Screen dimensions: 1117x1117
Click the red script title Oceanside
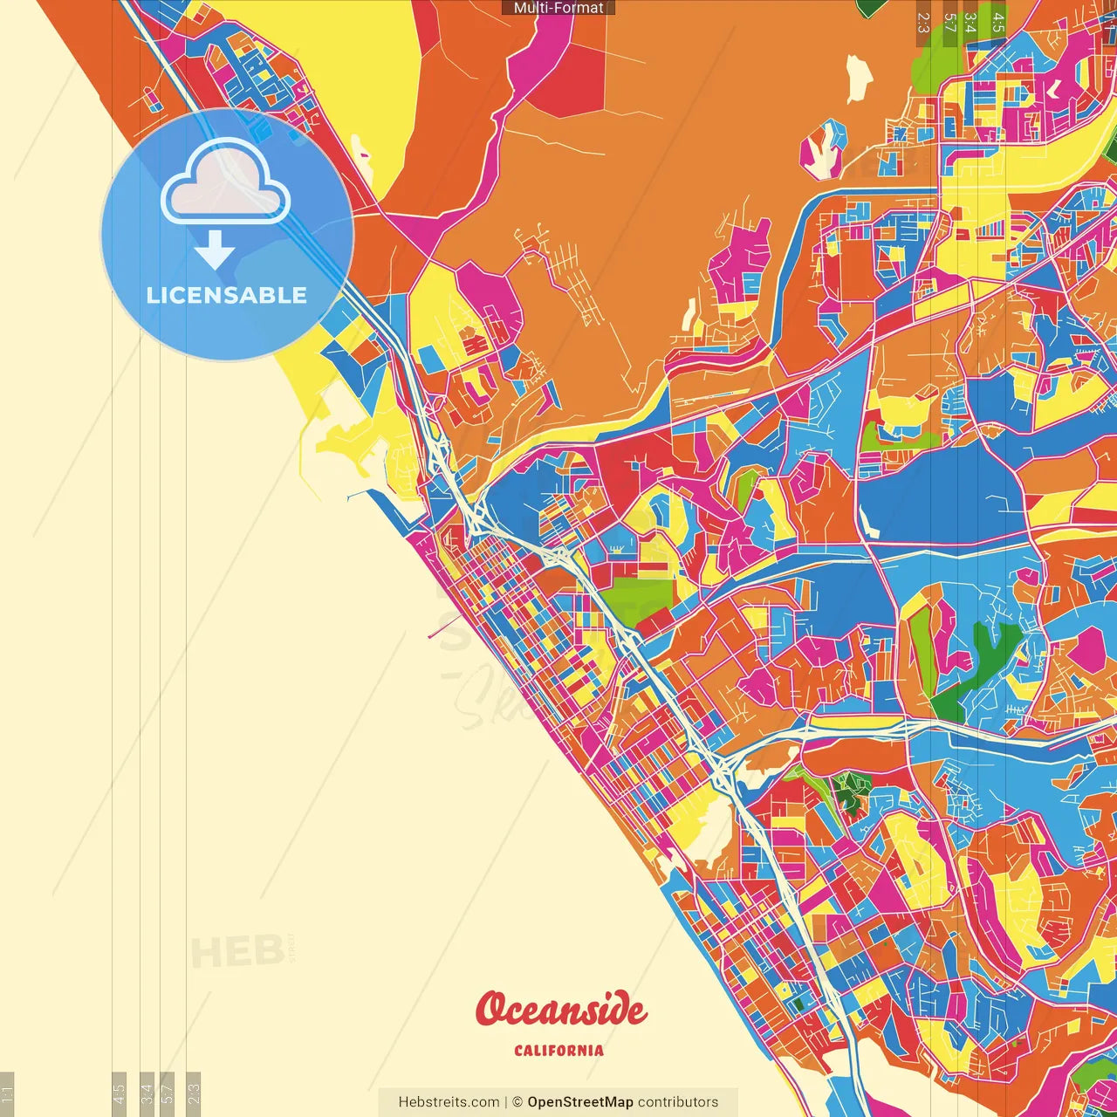[x=560, y=1010]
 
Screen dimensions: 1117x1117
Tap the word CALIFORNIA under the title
[x=558, y=1051]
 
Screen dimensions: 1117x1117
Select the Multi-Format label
[x=558, y=8]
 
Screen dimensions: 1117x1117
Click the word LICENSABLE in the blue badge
[x=227, y=295]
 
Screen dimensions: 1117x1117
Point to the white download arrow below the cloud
[x=215, y=250]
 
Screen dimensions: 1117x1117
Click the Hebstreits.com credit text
[x=449, y=1102]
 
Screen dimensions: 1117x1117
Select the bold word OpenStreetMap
[x=579, y=1102]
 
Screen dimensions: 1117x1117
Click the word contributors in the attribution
[x=678, y=1102]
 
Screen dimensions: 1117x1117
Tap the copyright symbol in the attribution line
[x=517, y=1102]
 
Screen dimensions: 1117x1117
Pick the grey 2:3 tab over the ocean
[x=194, y=1093]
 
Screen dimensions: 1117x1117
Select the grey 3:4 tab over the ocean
[x=147, y=1093]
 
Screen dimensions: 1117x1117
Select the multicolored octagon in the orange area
[x=823, y=149]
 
